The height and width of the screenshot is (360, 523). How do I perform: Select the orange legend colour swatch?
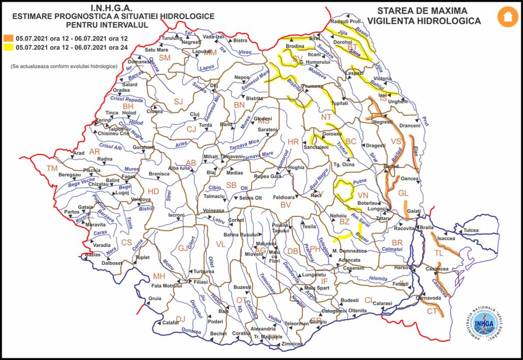pos(8,38)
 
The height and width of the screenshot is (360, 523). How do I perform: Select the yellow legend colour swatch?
pos(8,47)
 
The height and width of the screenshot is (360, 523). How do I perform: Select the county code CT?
pos(432,311)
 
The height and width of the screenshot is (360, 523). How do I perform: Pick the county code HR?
pos(293,142)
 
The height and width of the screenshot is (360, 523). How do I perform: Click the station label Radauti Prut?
pos(346,21)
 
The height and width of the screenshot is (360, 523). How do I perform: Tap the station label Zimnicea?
pos(291,344)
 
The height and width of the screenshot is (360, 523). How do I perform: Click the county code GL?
pos(403,193)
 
